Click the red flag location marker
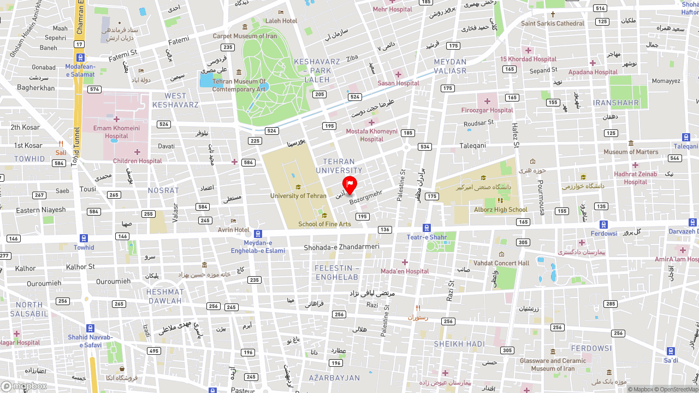(x=349, y=184)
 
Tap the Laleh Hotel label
(x=281, y=21)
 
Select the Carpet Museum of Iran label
(x=245, y=36)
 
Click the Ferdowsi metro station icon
(x=603, y=224)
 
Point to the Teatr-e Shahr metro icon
(x=426, y=228)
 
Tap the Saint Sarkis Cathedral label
(x=552, y=23)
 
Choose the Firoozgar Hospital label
(x=487, y=110)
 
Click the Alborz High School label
(x=501, y=210)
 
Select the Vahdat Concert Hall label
(x=501, y=263)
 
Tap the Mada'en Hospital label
(x=405, y=271)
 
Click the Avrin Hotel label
(x=234, y=230)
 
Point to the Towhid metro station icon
(x=84, y=238)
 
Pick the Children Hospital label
(x=138, y=161)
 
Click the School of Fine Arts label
(x=324, y=224)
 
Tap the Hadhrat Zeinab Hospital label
(x=635, y=178)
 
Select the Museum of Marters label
(x=631, y=152)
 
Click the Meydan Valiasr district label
(x=450, y=66)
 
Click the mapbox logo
(x=25, y=386)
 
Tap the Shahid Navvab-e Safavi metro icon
(x=90, y=328)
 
